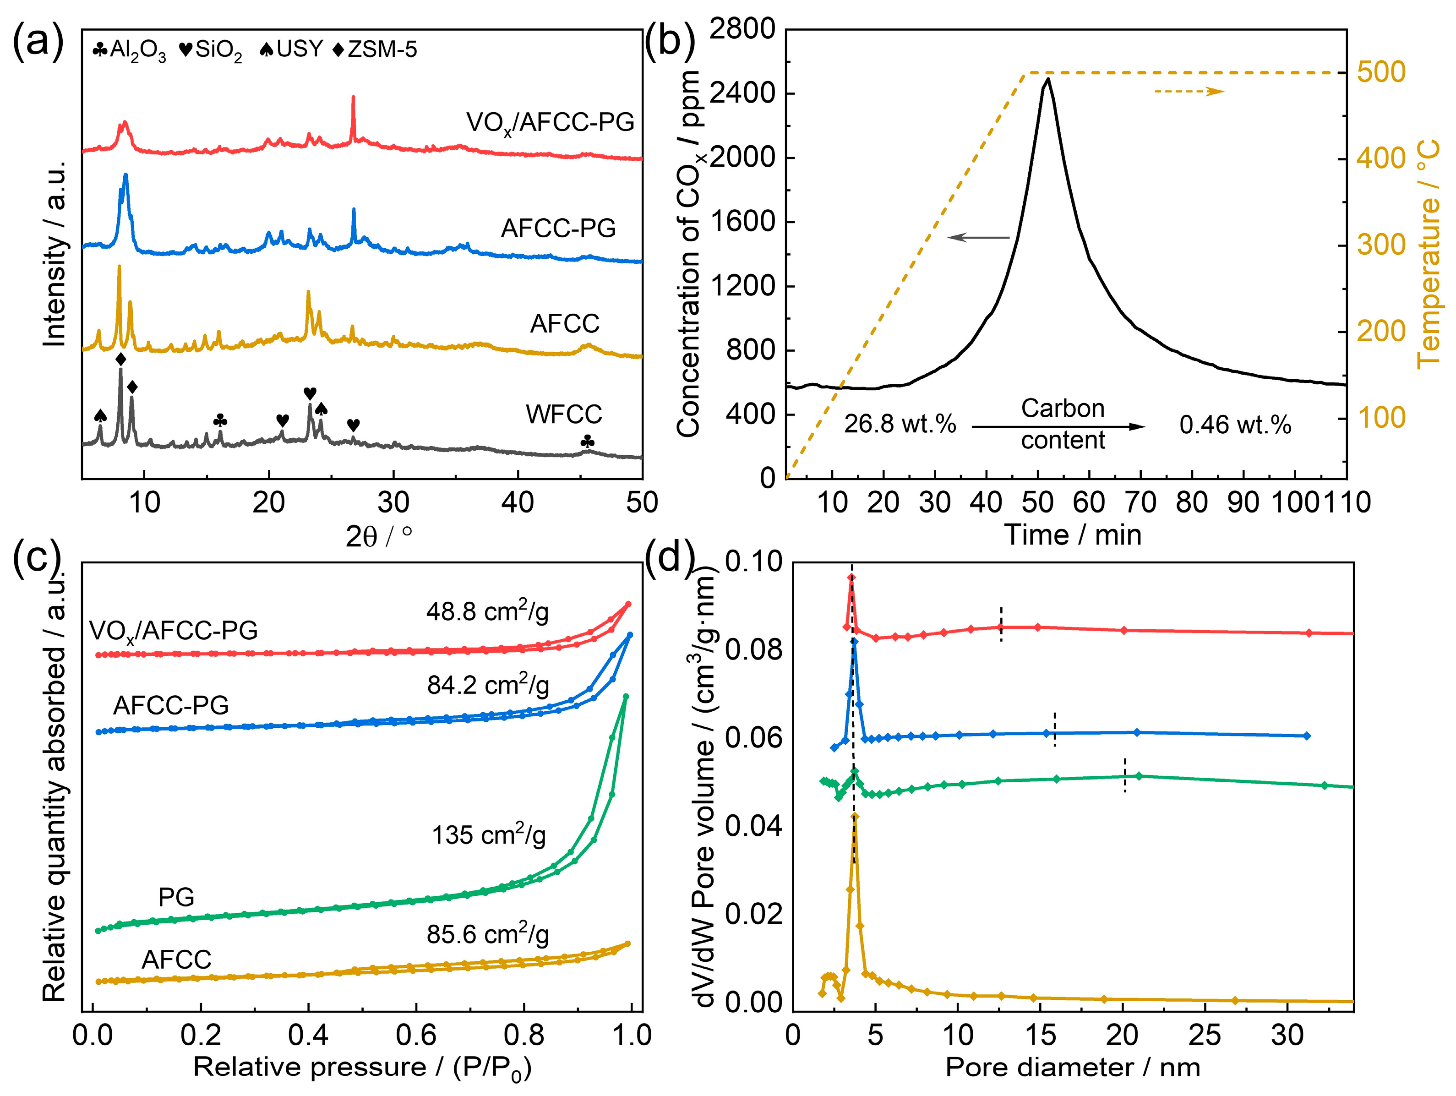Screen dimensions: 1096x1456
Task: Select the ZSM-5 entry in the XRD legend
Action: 375,49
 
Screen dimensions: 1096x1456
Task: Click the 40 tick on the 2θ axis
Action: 518,503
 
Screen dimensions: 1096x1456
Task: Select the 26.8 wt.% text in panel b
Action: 900,424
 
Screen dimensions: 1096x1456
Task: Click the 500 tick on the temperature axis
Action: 1381,72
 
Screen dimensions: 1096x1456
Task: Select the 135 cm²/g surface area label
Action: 488,834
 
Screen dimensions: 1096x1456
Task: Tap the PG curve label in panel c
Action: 176,897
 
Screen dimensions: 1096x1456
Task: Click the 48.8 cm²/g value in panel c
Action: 487,611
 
